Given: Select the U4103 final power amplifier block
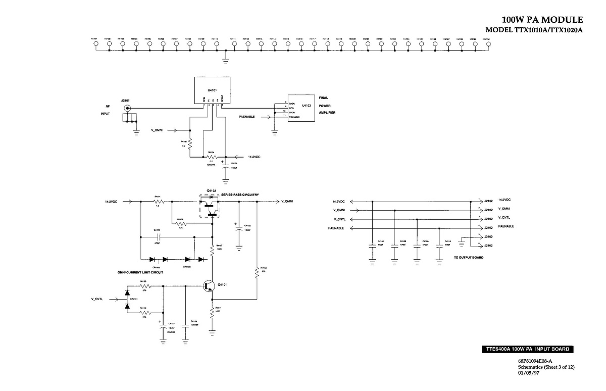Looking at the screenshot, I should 302,107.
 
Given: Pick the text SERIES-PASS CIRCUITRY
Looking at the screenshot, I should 244,194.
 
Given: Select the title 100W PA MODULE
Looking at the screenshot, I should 545,20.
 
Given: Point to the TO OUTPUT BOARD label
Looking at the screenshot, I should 469,258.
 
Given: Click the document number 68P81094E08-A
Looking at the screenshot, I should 535,361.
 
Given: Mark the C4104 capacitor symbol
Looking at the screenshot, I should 372,246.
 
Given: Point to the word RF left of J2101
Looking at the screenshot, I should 108,107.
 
